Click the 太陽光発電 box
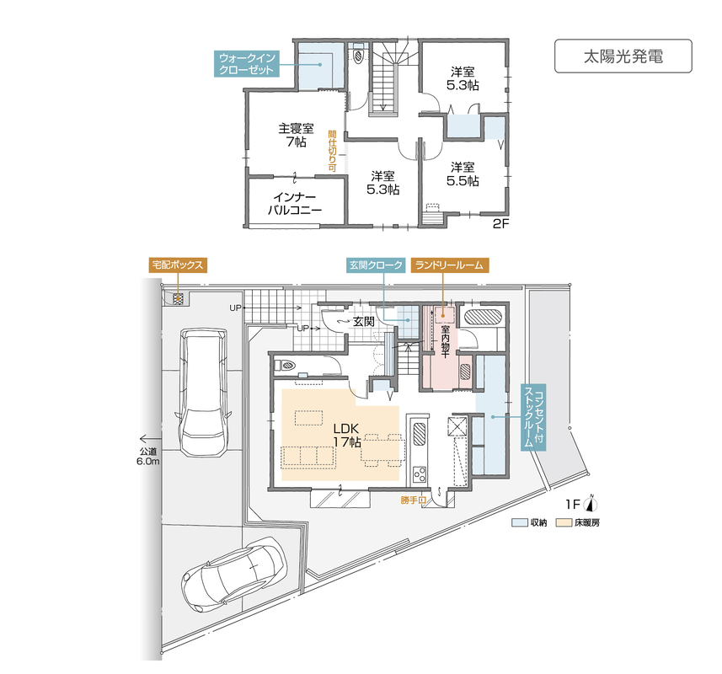coord(623,56)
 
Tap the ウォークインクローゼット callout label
coord(247,64)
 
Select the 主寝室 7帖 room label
coord(296,135)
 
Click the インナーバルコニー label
coord(295,204)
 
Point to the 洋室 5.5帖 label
coord(463,174)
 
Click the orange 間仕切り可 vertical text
coord(332,151)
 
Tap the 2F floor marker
coord(500,224)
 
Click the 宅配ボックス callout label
coord(178,265)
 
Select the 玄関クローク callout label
coord(376,265)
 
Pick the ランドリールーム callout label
coord(449,265)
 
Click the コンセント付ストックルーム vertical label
coord(533,417)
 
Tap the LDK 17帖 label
coord(347,435)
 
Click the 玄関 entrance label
coord(363,322)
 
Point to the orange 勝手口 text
coord(413,500)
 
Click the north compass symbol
coord(591,504)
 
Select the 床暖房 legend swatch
coord(563,522)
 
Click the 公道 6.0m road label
coord(148,457)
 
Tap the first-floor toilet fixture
coord(285,366)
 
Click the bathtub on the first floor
coord(483,318)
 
